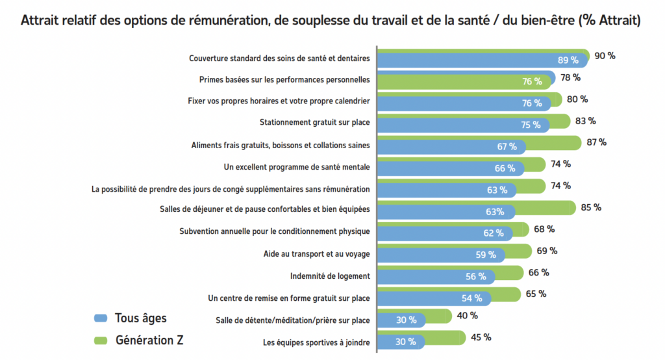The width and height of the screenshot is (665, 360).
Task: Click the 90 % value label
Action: point(604,56)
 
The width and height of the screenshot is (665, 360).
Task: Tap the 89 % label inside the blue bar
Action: point(568,60)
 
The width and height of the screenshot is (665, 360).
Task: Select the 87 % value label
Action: point(596,142)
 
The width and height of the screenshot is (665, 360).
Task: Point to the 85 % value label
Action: point(591,208)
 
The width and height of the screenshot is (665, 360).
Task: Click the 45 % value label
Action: point(481,337)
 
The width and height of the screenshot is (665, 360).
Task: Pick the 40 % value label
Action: point(467,316)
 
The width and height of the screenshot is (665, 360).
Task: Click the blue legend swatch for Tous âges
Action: point(100,318)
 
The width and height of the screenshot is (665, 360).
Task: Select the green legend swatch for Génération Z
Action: point(100,340)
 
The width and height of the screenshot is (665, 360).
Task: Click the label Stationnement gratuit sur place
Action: point(314,122)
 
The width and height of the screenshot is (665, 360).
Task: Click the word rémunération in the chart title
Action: point(225,21)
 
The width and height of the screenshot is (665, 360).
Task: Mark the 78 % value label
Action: point(570,78)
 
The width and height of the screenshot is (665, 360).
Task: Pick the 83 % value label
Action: point(585,121)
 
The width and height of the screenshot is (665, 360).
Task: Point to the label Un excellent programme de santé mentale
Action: point(296,167)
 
